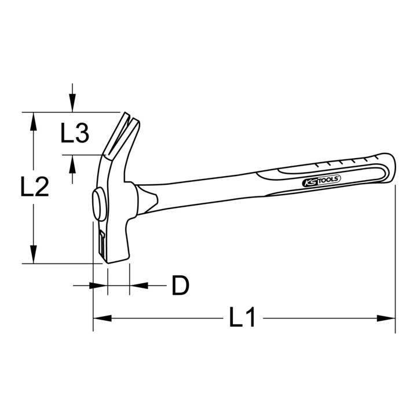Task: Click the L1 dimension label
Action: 242,317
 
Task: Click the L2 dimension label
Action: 35,186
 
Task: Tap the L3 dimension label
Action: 75,133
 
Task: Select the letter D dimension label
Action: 180,286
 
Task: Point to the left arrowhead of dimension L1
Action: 102,318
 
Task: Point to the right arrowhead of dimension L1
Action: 386,318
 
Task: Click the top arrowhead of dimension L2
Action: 33,122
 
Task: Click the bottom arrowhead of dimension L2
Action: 33,254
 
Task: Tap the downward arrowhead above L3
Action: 72,103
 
